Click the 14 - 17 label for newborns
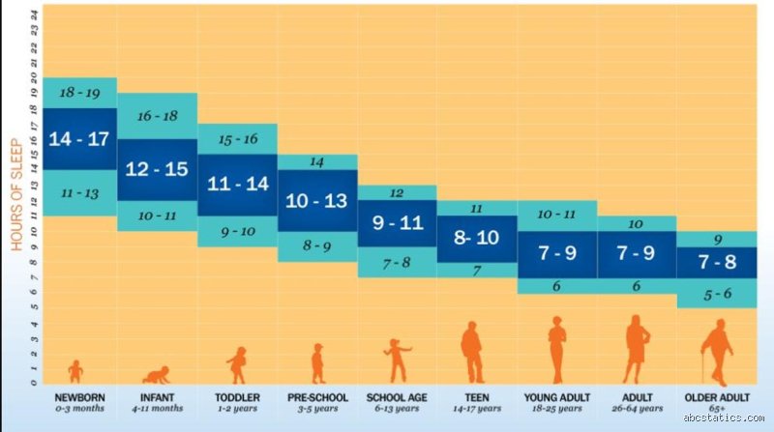[x=79, y=139]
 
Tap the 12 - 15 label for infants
[x=157, y=169]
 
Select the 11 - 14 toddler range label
[x=237, y=184]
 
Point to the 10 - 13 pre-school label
[x=316, y=201]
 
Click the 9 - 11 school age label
[x=398, y=223]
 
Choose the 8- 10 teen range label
[x=476, y=238]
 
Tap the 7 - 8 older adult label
[x=717, y=262]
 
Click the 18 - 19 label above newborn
[x=79, y=93]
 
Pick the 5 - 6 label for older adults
[x=717, y=295]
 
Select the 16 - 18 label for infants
[x=158, y=116]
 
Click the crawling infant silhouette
[x=157, y=375]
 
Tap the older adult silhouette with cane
[x=717, y=352]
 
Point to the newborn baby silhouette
[x=75, y=371]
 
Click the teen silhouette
[x=473, y=352]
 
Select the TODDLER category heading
[x=237, y=397]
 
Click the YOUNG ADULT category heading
[x=557, y=397]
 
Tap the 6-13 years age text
[x=397, y=409]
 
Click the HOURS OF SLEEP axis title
[x=16, y=194]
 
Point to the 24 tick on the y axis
[x=34, y=15]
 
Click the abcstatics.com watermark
[x=724, y=418]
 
